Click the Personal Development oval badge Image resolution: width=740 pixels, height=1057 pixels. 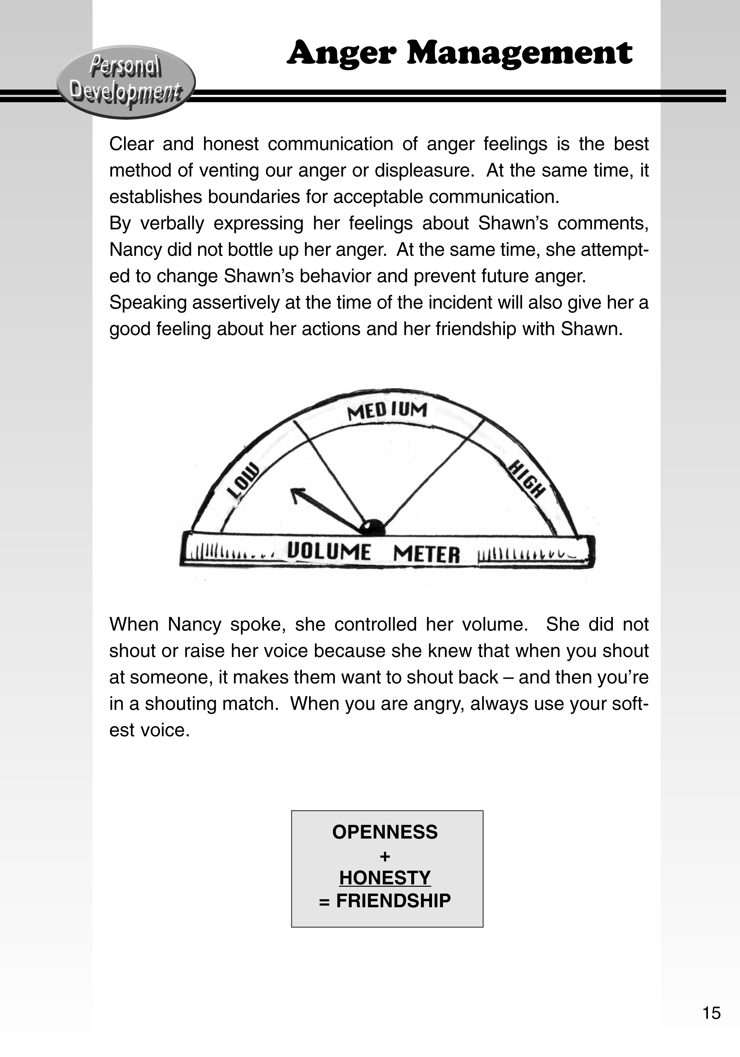[126, 81]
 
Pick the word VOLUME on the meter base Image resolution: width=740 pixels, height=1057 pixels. [328, 551]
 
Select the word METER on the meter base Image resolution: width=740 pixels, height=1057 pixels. [426, 554]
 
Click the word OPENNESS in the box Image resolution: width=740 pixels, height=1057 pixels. [385, 832]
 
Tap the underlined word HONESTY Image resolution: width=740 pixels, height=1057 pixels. [385, 877]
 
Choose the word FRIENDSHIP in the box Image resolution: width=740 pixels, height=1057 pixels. [393, 901]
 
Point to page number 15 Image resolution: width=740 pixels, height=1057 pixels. [711, 1013]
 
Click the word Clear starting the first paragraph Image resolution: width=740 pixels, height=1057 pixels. [131, 144]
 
